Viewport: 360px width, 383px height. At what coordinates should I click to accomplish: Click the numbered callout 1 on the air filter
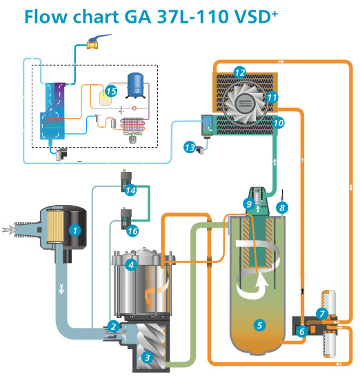[75, 230]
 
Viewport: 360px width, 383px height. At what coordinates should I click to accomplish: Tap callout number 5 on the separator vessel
[259, 325]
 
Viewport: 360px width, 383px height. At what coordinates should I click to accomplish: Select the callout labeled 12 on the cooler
[240, 72]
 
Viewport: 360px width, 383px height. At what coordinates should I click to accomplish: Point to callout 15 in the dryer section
[111, 91]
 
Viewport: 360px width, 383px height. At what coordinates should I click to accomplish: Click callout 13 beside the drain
[190, 147]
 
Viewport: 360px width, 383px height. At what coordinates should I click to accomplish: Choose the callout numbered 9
[249, 204]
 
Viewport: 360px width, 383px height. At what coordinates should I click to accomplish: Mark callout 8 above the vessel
[282, 208]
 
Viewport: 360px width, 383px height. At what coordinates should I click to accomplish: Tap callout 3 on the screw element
[147, 357]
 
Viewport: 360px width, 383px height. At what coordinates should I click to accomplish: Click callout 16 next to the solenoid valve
[132, 230]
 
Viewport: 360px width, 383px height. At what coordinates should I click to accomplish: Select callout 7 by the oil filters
[322, 314]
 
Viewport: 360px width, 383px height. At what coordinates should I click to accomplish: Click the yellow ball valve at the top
[92, 45]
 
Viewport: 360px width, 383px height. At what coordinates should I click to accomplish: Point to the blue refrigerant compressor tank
[136, 85]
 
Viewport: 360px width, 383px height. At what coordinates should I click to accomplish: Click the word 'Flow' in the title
[46, 17]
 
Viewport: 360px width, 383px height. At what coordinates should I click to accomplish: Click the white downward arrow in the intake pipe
[61, 289]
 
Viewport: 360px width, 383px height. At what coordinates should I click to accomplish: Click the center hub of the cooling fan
[245, 103]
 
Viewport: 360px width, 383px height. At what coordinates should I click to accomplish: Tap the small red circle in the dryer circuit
[134, 108]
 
